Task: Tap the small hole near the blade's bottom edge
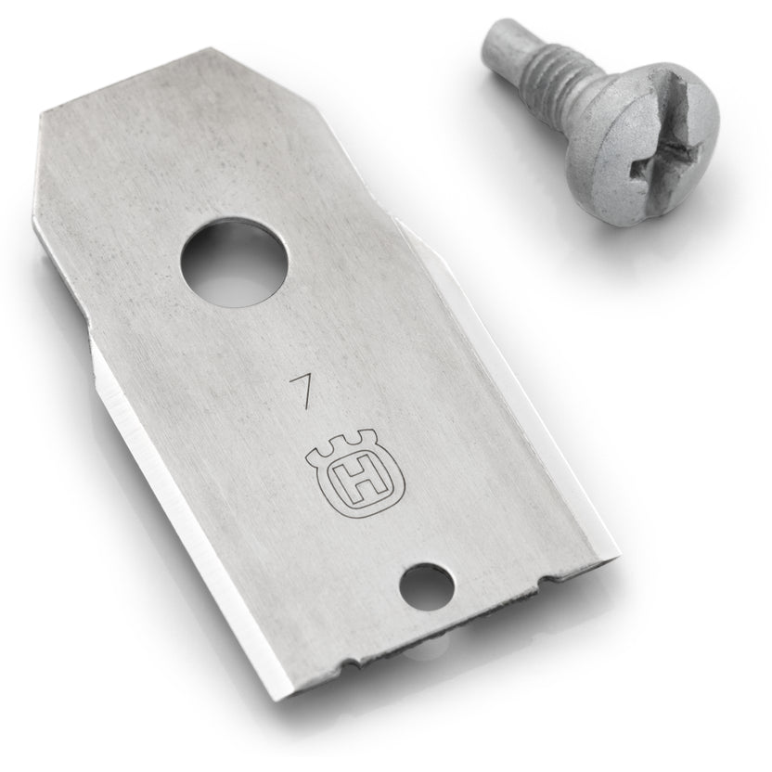tap(427, 585)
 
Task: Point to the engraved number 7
tap(306, 392)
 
